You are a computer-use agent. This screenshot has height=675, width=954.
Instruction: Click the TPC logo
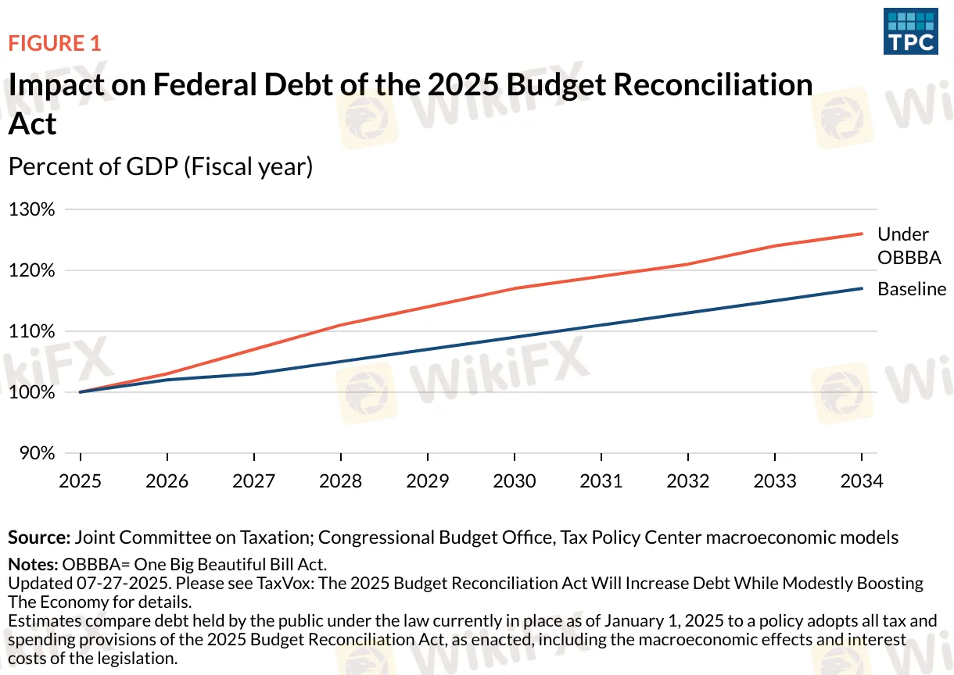tap(910, 31)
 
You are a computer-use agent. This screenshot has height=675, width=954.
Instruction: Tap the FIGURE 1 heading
tap(55, 43)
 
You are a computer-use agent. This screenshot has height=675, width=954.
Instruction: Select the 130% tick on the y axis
tap(31, 210)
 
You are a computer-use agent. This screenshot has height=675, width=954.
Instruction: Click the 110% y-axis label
tap(31, 331)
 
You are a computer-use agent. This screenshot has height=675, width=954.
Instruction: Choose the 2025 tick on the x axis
tap(81, 480)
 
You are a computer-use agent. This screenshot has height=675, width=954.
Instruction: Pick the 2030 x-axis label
tap(514, 480)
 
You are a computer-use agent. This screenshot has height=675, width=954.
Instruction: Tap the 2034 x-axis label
tap(861, 480)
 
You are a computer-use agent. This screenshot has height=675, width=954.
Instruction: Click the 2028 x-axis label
tap(341, 480)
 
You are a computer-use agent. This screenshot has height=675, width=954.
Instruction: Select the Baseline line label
tap(912, 289)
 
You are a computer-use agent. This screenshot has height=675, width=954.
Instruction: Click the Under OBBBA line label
tap(909, 245)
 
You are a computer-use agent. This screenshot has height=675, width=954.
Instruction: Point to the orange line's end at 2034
tap(862, 234)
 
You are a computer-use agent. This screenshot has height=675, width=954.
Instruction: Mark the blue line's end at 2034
tap(862, 288)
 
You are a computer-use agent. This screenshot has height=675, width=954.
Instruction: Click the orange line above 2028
tap(341, 325)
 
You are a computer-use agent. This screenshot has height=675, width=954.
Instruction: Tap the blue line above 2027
tap(254, 373)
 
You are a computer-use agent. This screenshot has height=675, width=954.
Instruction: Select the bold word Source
tap(39, 537)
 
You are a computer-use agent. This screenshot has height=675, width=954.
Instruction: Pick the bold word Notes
tap(33, 564)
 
